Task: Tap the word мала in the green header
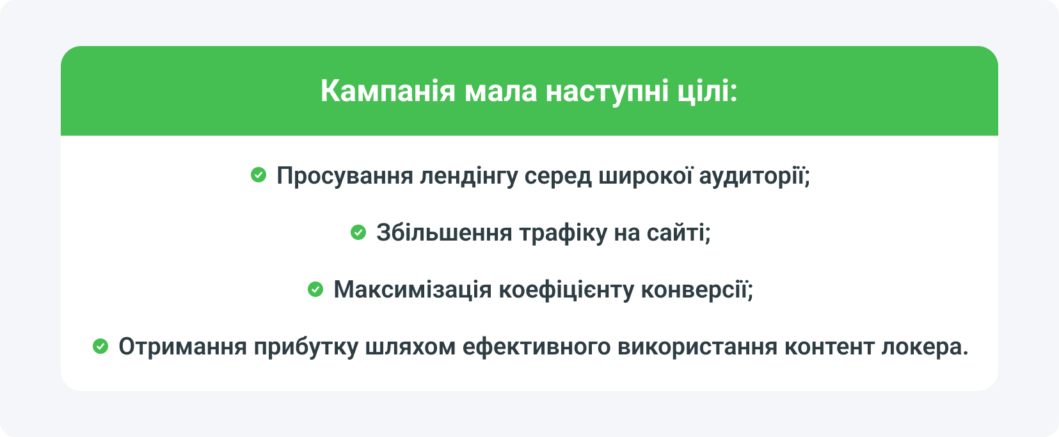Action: [500, 91]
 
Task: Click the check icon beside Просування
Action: [259, 175]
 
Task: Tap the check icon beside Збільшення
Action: [358, 232]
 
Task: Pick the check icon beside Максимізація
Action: [315, 290]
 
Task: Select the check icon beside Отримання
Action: [100, 347]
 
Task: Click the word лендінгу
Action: [468, 176]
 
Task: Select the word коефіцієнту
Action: [566, 290]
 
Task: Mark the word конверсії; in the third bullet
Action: [697, 290]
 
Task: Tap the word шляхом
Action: [410, 347]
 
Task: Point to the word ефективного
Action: [536, 347]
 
